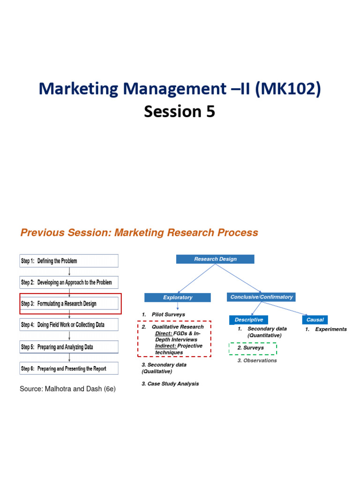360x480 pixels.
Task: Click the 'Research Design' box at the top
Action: point(215,259)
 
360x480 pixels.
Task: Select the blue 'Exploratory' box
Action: point(178,297)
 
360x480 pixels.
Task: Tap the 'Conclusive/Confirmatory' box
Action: point(261,297)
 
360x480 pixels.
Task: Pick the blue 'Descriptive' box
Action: point(249,320)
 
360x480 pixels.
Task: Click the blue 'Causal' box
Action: point(315,320)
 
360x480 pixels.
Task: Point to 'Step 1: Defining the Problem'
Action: point(68,261)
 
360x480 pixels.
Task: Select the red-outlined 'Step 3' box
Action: point(70,304)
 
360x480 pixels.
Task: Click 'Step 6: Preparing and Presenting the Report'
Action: point(68,368)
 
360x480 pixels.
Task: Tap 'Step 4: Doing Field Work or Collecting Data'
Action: point(68,324)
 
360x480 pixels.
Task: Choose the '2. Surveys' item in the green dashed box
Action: point(253,348)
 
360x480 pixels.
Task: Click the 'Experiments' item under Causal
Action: point(330,330)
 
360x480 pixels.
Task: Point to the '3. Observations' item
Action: point(257,360)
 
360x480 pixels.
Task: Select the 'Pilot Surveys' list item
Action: point(168,315)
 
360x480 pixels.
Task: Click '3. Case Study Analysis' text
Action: point(170,383)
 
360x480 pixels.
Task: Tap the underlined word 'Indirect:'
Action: point(165,346)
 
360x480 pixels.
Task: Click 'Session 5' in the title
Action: point(180,112)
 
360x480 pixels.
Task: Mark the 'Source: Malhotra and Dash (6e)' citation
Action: point(67,389)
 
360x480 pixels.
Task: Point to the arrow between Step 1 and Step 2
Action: point(69,271)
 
